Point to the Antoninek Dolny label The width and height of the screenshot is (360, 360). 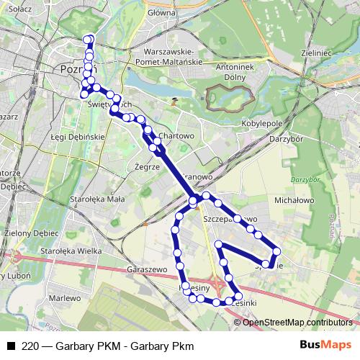coord(220,72)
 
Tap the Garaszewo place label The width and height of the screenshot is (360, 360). coord(147,267)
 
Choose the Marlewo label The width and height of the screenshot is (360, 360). coord(66,297)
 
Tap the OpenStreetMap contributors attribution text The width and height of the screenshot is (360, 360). coord(297,322)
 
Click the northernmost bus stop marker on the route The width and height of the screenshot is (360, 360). coord(89,39)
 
